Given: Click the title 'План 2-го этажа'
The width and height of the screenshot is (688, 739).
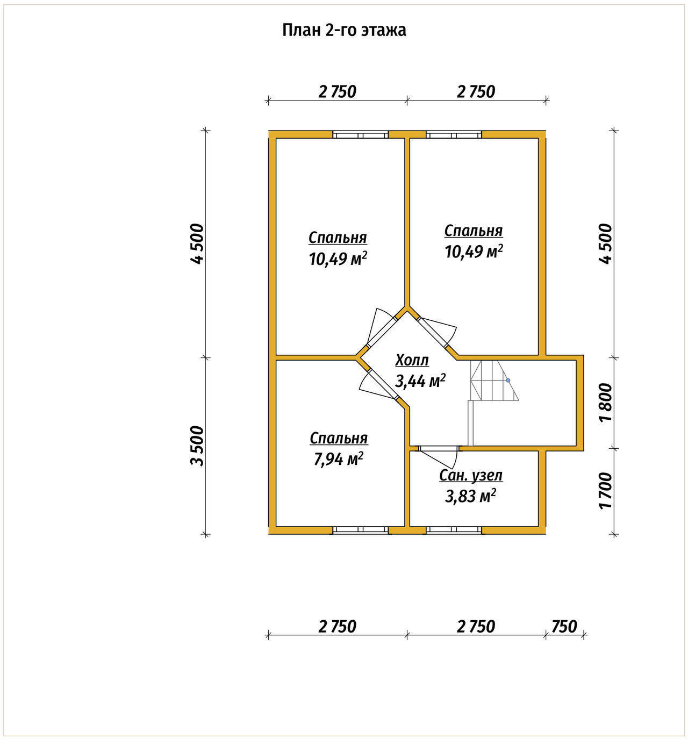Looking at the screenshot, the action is [344, 31].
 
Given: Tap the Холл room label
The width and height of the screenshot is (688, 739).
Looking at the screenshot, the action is [412, 361].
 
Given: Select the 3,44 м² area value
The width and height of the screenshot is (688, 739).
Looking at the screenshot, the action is [420, 381].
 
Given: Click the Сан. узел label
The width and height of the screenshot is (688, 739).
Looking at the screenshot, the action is [471, 476].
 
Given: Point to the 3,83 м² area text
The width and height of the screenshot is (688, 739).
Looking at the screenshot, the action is [470, 496].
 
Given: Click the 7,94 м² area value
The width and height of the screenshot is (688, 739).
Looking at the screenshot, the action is [339, 459].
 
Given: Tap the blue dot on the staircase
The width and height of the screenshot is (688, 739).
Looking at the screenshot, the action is [508, 381].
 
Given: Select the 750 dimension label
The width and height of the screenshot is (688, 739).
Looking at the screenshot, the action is [564, 627].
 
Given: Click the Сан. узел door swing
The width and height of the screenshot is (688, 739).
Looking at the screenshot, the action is [439, 457].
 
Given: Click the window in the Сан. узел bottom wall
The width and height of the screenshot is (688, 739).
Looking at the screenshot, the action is [454, 530].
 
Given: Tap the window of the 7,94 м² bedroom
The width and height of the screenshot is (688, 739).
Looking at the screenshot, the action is [360, 530].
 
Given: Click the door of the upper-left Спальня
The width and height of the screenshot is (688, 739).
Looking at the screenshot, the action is [381, 327].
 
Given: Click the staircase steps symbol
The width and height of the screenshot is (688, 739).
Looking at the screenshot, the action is [494, 381].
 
